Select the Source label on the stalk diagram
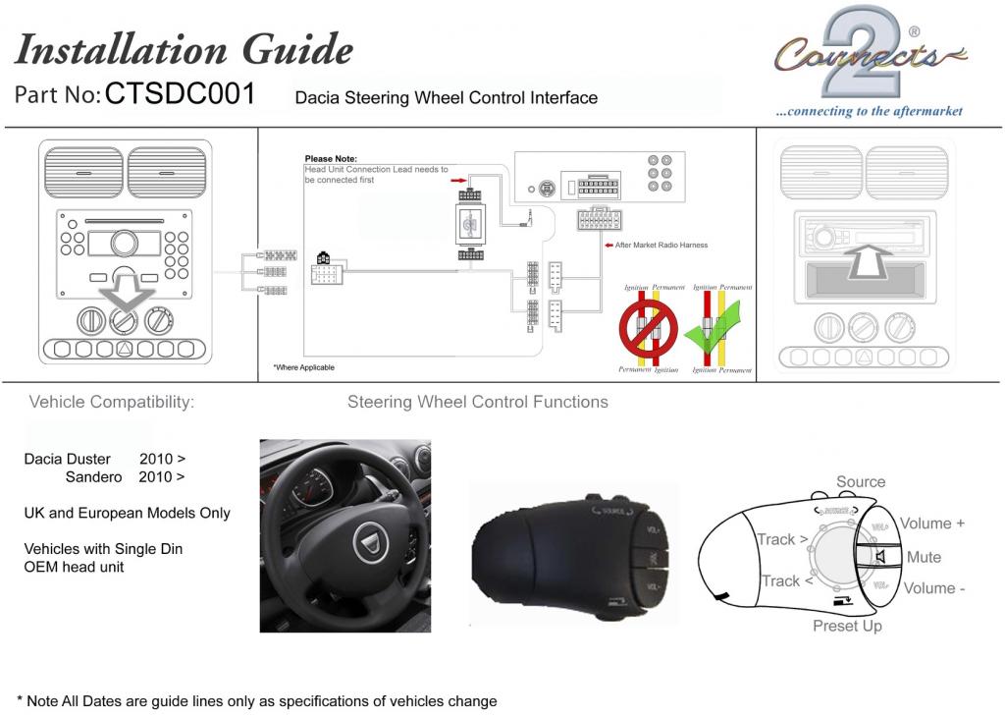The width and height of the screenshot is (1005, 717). click(861, 482)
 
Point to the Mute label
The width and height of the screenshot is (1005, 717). click(924, 557)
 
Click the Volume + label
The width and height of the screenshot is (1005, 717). click(932, 524)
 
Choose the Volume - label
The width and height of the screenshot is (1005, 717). click(932, 588)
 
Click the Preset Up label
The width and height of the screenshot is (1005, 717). click(847, 626)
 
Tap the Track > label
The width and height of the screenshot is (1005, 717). click(782, 539)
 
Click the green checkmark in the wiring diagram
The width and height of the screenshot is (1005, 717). click(714, 335)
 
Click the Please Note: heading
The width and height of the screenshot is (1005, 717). click(331, 158)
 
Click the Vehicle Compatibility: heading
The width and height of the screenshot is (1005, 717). click(112, 402)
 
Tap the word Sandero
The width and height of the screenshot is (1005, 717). click(93, 477)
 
